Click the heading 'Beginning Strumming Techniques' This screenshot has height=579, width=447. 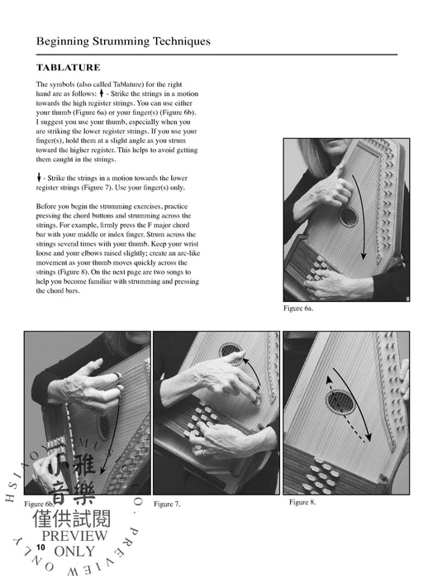[123, 41]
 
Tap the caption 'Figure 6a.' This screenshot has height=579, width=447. [298, 308]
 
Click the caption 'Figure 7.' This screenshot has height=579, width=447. [166, 504]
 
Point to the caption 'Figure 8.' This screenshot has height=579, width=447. [302, 502]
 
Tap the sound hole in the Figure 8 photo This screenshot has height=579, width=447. [339, 403]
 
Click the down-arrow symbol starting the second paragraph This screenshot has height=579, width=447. [39, 178]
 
